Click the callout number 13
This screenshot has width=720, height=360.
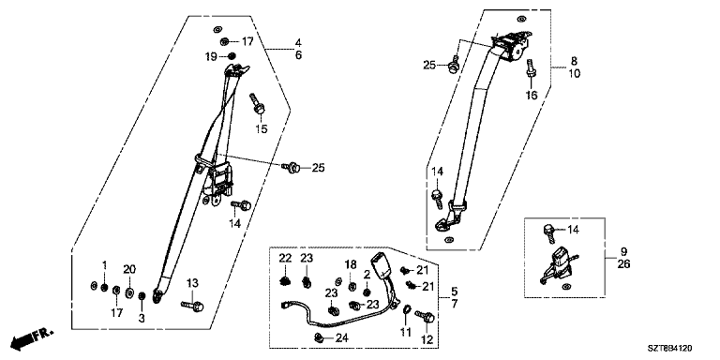click(x=193, y=282)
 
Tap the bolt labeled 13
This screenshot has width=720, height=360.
click(x=193, y=305)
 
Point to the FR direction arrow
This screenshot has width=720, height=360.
click(x=33, y=337)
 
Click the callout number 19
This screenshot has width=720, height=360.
click(x=211, y=57)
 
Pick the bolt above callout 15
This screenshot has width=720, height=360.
click(x=257, y=104)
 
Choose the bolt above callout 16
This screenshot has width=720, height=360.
click(x=531, y=67)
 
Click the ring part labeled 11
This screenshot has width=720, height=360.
click(x=406, y=308)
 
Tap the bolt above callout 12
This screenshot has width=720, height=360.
click(x=425, y=316)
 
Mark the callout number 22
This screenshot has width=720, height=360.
click(x=286, y=259)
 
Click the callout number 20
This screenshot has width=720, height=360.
click(x=130, y=270)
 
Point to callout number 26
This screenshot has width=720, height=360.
click(x=624, y=264)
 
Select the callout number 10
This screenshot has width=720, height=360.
click(x=574, y=73)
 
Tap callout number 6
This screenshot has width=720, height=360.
click(x=298, y=55)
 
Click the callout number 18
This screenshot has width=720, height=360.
click(x=351, y=264)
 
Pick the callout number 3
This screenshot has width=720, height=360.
click(x=142, y=318)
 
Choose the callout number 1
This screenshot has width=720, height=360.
click(x=105, y=265)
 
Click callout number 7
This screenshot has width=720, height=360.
click(x=454, y=304)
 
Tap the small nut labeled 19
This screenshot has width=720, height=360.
click(x=232, y=56)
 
